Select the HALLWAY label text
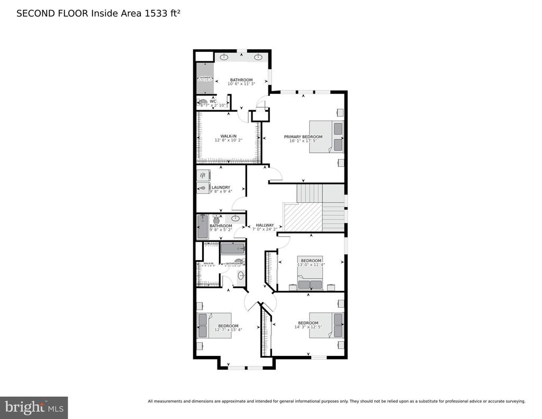(265, 225)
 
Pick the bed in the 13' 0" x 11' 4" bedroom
(310, 278)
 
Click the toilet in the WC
(203, 103)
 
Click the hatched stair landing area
(303, 217)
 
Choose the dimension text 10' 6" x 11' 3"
(241, 84)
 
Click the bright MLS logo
(34, 407)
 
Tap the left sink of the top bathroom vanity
(224, 57)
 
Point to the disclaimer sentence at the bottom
(336, 401)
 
